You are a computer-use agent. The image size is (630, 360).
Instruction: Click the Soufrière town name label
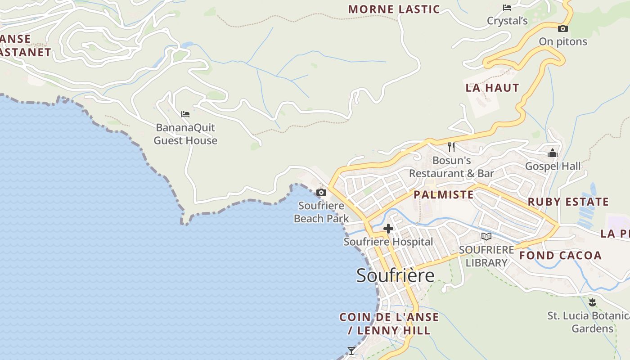point(395,275)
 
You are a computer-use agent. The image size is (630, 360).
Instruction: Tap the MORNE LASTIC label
point(394,9)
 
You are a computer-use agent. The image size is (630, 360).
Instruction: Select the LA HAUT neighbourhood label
point(492,88)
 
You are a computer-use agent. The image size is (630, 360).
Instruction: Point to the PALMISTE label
point(443,194)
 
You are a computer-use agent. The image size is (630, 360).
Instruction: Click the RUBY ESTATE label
point(568,202)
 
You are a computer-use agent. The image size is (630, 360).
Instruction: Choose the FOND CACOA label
point(560,256)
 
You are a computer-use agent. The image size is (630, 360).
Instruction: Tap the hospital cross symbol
point(388,229)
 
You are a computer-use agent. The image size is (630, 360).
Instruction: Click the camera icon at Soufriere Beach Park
point(321,193)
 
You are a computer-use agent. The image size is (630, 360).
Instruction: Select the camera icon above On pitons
point(562,29)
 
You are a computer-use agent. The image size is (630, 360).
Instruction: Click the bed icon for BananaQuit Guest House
point(185,114)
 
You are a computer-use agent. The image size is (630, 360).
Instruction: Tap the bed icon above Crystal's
point(507,8)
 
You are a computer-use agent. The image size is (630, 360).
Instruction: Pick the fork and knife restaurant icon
point(451,147)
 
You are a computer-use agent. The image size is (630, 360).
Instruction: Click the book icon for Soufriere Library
point(486,236)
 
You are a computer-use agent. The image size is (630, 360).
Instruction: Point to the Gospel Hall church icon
point(553,153)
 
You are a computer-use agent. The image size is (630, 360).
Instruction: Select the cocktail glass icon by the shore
point(351,351)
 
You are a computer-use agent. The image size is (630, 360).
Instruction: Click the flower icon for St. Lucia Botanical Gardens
point(592,302)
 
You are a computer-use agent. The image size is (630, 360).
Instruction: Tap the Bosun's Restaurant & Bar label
point(451,167)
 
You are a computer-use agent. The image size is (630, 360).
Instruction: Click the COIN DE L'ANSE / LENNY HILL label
point(389,324)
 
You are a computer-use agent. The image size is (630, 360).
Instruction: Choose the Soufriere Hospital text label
point(388,242)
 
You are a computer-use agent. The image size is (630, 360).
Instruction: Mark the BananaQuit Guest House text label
point(185,134)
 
